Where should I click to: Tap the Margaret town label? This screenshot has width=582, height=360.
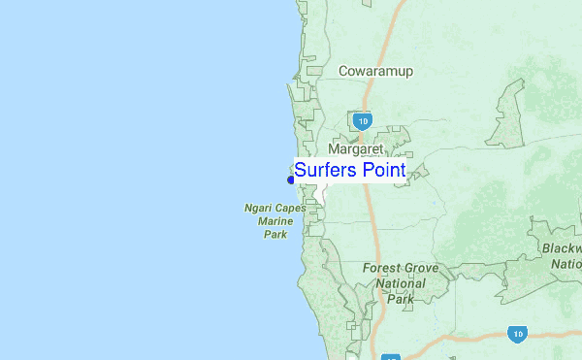coord(356,149)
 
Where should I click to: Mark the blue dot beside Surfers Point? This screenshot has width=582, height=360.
coord(290,179)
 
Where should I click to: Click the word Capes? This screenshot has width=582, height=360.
coord(288,208)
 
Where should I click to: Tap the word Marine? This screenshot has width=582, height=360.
coord(275,221)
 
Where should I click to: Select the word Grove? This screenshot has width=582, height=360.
coord(423,268)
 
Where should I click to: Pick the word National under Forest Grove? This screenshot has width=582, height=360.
coord(401,283)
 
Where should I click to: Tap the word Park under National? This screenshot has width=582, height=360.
coord(401,299)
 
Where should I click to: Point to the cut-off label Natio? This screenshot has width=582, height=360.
coord(566,263)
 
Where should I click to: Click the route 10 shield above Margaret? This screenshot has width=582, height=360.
coord(362,121)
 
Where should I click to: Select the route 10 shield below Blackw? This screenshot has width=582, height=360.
coord(517,333)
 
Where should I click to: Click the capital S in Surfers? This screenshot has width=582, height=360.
coord(301,170)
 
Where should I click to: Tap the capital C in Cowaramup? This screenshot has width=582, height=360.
coord(344,71)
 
